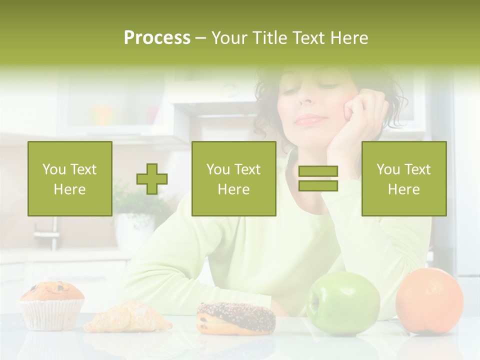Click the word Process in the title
pos(157,38)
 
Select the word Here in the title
pos(348,38)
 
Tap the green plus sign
pos(152,179)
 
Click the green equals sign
pos(318,179)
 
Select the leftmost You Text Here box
pos(70,179)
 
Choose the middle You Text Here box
pos(234,179)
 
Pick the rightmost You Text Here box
pos(404,179)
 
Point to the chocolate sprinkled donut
pos(236,318)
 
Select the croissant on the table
pos(127,318)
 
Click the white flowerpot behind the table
pos(134,230)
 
